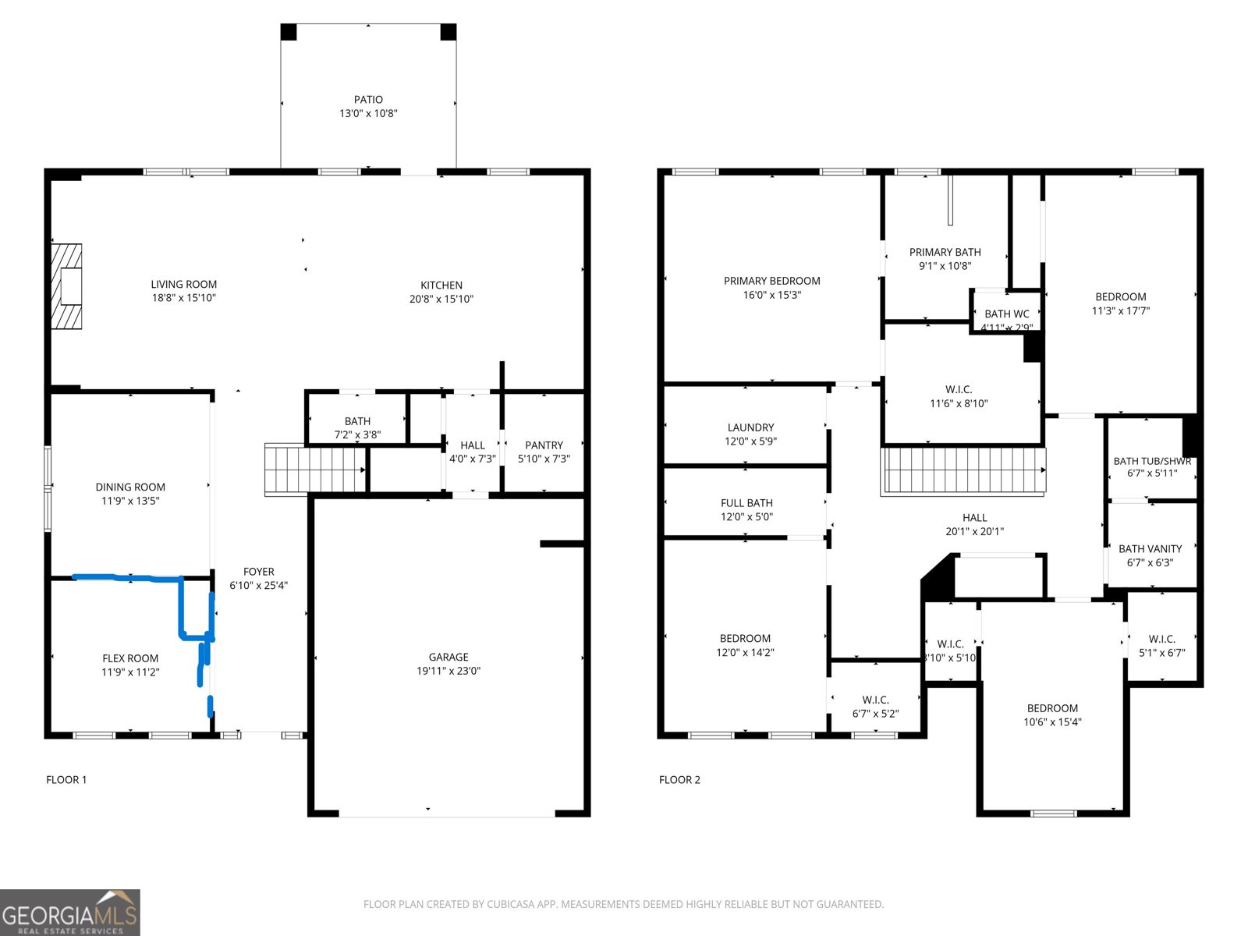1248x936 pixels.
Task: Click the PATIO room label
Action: (368, 100)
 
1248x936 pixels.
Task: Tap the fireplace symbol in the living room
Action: (67, 286)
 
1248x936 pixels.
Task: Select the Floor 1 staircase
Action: (315, 469)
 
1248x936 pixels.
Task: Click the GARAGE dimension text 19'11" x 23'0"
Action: (448, 671)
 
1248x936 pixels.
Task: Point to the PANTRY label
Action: (544, 445)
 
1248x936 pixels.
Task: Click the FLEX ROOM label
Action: (130, 658)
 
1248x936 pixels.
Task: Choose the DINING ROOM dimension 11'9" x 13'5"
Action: (130, 501)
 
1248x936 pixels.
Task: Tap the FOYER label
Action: (258, 572)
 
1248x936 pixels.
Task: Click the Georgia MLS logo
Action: (70, 913)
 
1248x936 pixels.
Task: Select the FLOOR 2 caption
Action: (679, 780)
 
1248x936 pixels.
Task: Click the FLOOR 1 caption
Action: (66, 780)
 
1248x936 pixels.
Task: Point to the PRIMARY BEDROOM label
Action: (771, 281)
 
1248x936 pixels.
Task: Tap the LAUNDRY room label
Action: (750, 427)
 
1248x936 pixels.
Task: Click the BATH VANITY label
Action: (1150, 549)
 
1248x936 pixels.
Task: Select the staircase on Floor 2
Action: (963, 470)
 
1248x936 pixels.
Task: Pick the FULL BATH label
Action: (746, 503)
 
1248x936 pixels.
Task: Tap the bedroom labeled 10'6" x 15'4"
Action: (1052, 715)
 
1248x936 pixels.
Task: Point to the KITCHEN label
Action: (441, 285)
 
